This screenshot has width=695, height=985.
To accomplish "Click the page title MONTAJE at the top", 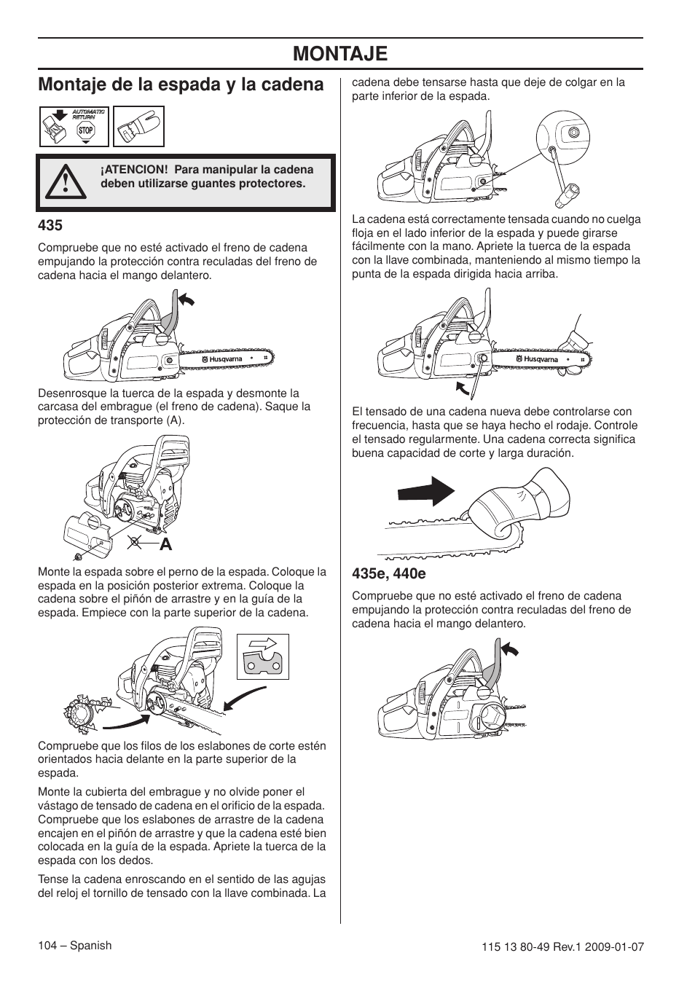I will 340,53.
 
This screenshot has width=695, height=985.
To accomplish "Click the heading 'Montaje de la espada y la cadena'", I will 181,85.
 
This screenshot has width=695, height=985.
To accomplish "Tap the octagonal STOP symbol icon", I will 87,131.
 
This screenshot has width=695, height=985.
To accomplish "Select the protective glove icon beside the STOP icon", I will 138,127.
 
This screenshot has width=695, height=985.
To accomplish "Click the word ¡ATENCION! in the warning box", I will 131,170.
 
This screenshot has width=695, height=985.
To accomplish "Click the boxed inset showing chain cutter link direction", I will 262,656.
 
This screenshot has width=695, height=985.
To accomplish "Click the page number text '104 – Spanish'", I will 74,945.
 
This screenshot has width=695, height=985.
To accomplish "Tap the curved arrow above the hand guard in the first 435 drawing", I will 186,298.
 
